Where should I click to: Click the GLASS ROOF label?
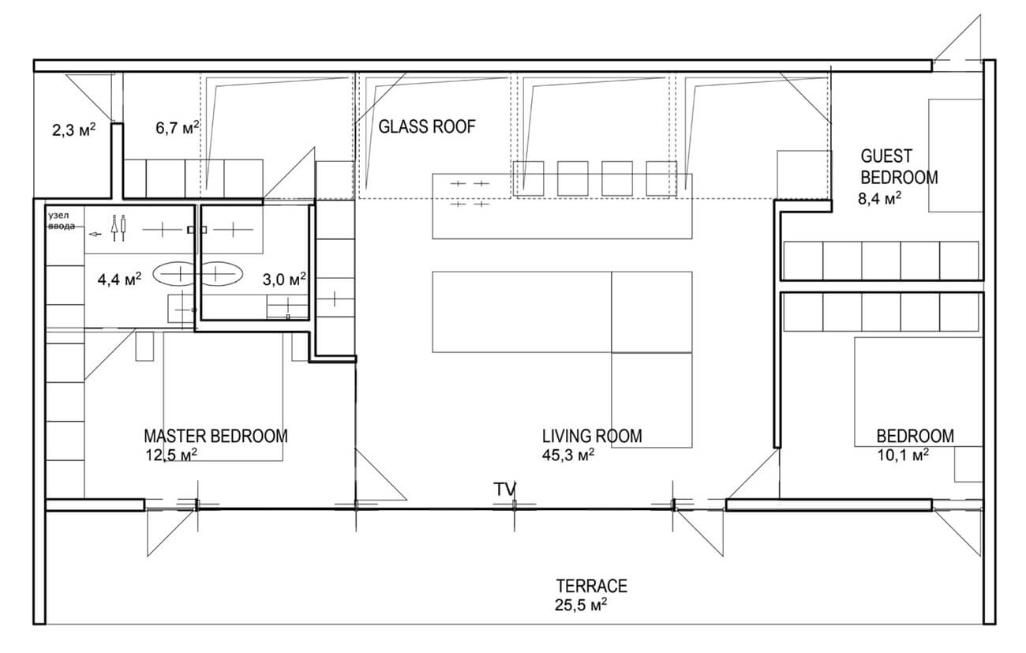(427, 126)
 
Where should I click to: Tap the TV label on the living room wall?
(505, 490)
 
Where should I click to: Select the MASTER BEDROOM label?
(215, 436)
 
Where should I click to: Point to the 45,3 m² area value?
(568, 455)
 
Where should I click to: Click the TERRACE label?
(592, 586)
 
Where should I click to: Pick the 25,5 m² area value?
(581, 605)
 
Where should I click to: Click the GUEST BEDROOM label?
(899, 167)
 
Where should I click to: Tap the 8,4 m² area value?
(880, 199)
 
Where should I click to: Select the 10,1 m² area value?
(903, 455)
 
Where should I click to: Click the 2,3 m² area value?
(73, 130)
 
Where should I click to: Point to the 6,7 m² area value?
(178, 128)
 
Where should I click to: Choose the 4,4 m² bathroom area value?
(119, 279)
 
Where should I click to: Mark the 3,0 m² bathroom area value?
(284, 279)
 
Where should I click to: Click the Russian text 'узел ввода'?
(62, 220)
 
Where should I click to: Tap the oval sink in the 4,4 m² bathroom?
(174, 274)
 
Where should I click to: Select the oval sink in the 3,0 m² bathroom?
(221, 274)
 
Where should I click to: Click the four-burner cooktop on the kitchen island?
(470, 193)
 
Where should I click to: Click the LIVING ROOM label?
(592, 436)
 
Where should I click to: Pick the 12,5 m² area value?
(171, 455)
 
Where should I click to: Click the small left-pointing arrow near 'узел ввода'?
(95, 235)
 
